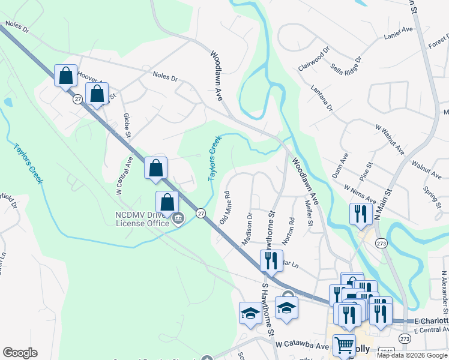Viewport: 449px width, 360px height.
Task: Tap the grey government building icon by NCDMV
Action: [x=178, y=221]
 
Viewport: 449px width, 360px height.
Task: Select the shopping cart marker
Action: [x=343, y=345]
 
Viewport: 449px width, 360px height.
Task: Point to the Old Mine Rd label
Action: [x=226, y=208]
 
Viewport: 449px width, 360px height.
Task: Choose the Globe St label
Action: [x=127, y=125]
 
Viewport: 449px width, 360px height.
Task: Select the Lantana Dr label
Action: [x=321, y=98]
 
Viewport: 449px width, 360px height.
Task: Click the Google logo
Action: [x=20, y=353]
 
